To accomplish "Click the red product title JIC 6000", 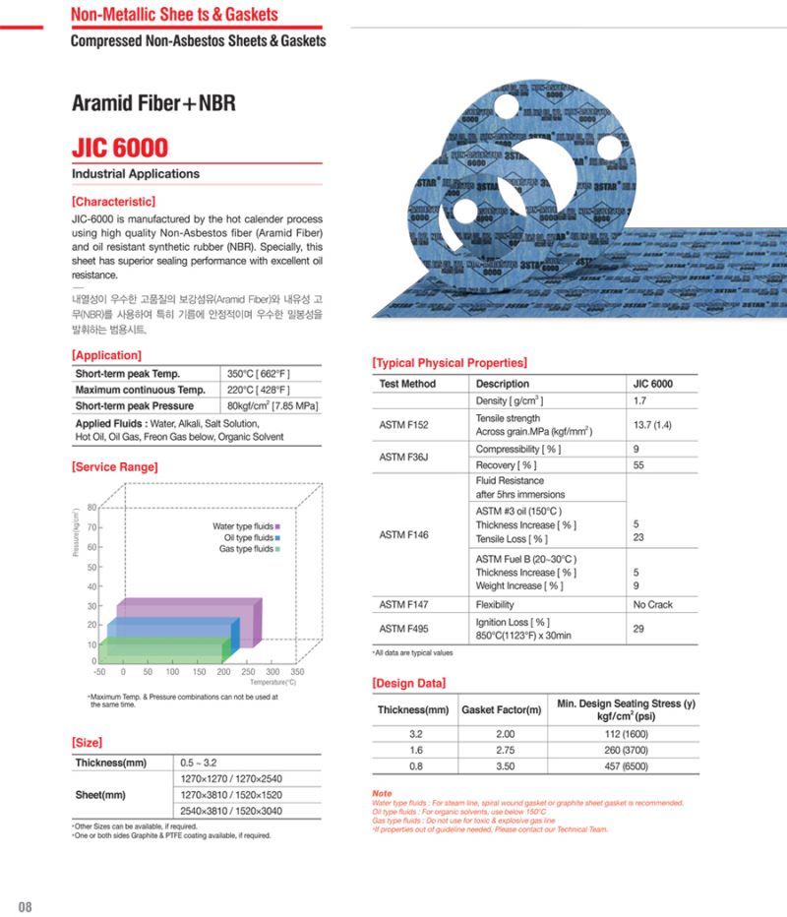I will [x=119, y=148].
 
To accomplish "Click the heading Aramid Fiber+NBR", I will [x=153, y=103].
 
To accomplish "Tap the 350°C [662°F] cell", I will [x=258, y=374].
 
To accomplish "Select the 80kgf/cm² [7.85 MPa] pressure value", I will [x=272, y=405].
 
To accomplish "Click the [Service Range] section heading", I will [x=114, y=467].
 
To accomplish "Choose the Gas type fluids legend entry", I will [x=249, y=549].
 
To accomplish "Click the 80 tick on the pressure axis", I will [x=91, y=508].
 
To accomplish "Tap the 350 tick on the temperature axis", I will [x=297, y=673].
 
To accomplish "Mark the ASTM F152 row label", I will [x=403, y=425].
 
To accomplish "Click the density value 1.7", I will [x=640, y=401].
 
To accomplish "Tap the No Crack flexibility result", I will [x=653, y=604].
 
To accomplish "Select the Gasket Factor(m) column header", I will [x=501, y=709].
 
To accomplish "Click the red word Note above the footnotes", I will [x=382, y=793].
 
